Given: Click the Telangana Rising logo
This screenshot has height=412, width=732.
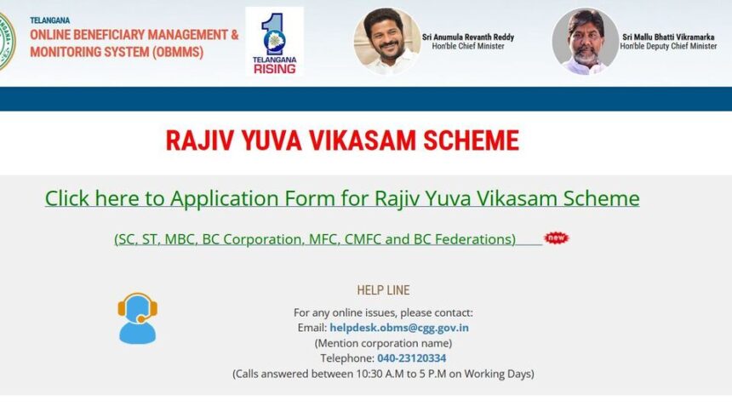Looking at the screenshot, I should point(274,42).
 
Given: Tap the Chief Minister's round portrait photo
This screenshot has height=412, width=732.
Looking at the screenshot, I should point(386,41).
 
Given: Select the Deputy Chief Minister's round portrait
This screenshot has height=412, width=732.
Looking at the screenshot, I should point(585,41).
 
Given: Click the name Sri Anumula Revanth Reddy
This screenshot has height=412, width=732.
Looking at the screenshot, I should point(467,37).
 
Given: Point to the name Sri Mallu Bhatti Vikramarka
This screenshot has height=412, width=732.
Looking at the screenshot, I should point(668,37).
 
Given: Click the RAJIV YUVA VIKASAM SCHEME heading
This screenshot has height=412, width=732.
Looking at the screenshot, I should point(342,140).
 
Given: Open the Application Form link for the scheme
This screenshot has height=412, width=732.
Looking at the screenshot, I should point(341,198).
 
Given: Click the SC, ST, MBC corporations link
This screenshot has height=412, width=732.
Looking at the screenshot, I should point(315,239).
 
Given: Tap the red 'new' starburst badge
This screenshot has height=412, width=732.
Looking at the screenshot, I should point(556,237).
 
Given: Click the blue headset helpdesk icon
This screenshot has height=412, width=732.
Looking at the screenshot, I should point(137,318).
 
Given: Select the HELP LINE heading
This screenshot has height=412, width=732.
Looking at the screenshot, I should point(384,290).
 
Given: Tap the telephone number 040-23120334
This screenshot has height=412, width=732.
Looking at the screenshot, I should point(411,358).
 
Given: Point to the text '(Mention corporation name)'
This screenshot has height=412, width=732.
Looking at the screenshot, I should point(383,343).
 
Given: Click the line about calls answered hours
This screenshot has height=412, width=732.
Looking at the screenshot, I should point(383,374).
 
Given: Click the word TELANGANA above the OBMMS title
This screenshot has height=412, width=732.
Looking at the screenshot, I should point(50,20).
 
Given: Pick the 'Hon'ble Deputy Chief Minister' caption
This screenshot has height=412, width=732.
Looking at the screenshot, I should point(668,47).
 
